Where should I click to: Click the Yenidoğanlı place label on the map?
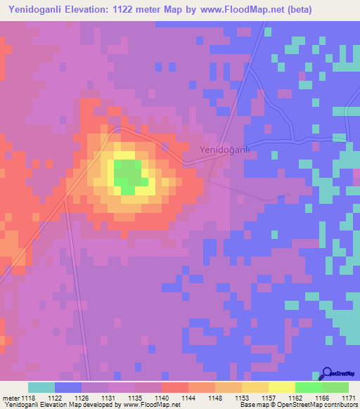tap(225, 150)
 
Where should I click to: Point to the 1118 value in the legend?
tap(28, 397)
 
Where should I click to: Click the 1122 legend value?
tap(55, 397)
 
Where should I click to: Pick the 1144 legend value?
tap(188, 397)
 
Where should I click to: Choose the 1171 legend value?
tap(349, 397)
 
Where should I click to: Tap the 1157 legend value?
tap(269, 397)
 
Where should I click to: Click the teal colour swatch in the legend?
tap(41, 387)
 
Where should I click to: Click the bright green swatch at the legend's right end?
tap(335, 387)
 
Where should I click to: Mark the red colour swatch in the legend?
tap(175, 387)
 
